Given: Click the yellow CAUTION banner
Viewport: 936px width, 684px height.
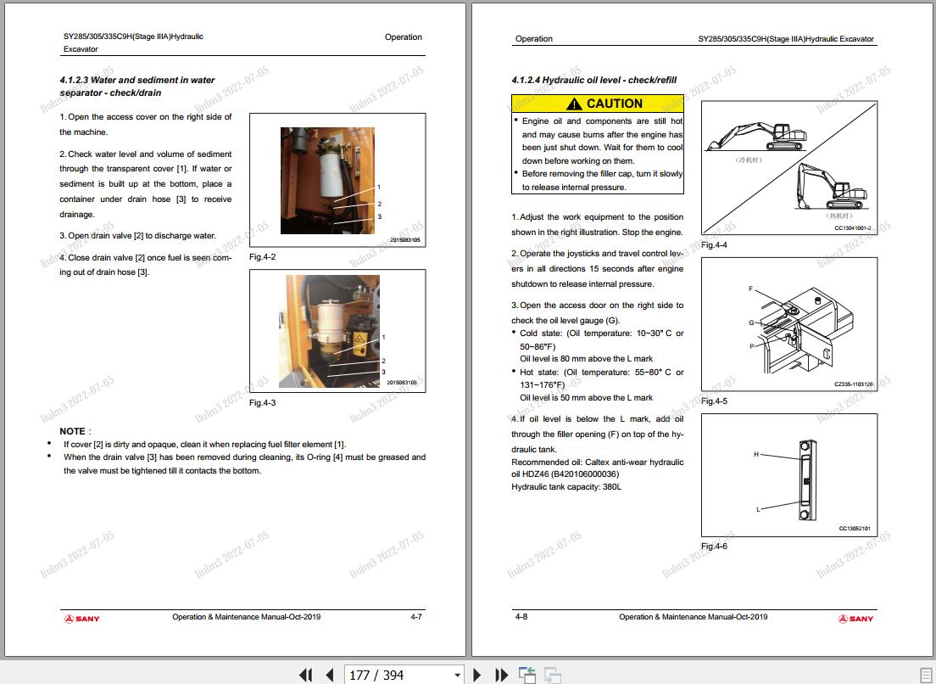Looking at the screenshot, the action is (x=598, y=104).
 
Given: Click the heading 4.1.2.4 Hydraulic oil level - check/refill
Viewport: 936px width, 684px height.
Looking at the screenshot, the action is (x=594, y=80).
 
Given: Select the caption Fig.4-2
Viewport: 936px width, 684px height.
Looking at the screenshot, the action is (x=262, y=257).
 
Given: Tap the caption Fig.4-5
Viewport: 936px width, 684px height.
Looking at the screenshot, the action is (x=714, y=401).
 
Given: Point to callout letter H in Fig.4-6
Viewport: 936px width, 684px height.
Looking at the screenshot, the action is (x=755, y=455).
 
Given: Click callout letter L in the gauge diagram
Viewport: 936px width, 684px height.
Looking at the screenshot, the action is (x=758, y=509).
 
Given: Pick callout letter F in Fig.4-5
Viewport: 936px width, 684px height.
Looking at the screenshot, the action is (x=750, y=289).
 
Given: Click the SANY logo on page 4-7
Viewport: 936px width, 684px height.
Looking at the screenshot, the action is (x=81, y=619).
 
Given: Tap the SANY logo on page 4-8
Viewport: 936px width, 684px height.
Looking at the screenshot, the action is (x=855, y=619).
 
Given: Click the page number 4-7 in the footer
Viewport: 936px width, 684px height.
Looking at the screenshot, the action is (x=416, y=616).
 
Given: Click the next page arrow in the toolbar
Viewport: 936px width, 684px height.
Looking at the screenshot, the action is (x=476, y=675).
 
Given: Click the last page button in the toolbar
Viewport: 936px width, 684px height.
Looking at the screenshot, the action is (x=501, y=675).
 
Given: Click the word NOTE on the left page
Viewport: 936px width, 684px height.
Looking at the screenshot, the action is (x=72, y=431).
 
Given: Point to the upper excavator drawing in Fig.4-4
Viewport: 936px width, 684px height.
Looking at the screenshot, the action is (x=756, y=137).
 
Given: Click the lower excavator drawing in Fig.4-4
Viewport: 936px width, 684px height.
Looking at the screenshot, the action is (x=832, y=187).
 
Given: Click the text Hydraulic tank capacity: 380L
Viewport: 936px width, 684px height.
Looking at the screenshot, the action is (x=566, y=487).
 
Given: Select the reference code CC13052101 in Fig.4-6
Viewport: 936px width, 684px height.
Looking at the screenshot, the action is (x=855, y=528).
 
